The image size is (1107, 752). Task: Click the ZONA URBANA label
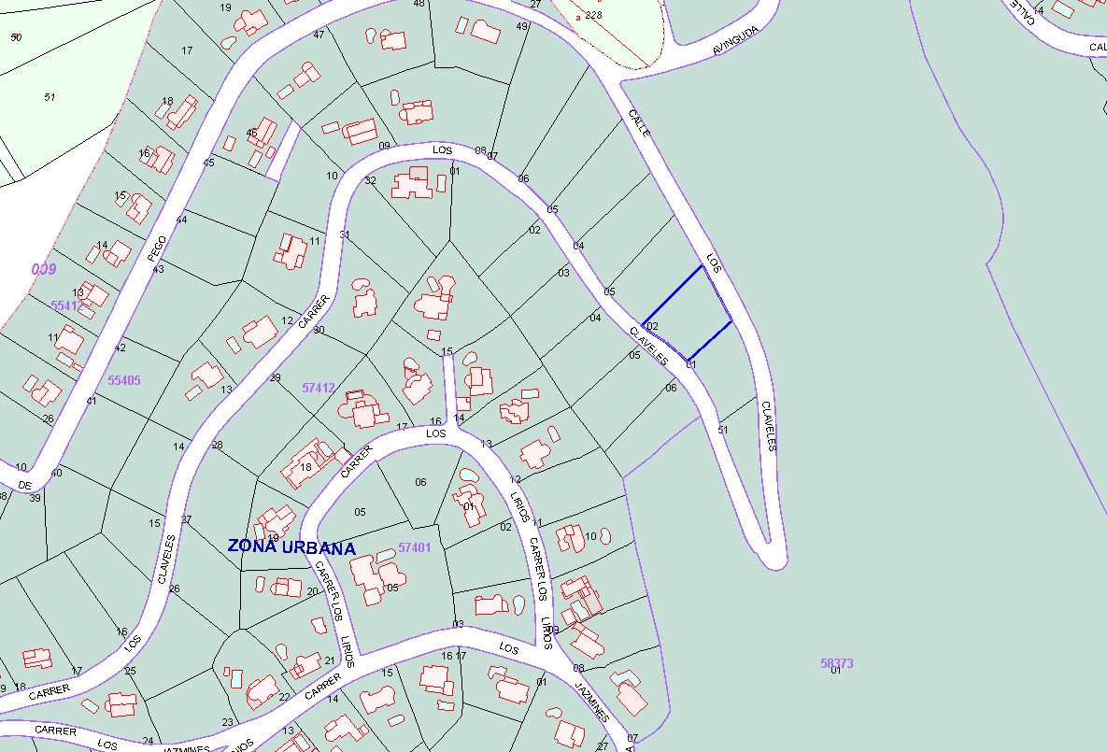(x=291, y=546)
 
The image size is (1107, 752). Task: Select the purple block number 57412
(x=319, y=387)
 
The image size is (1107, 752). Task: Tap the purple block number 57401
(x=414, y=547)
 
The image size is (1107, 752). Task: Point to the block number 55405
(x=124, y=380)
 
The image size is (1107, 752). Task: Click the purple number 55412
(x=67, y=305)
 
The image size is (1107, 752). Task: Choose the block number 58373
(x=837, y=663)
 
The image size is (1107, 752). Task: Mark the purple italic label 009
(x=44, y=269)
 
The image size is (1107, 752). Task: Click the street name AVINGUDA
(x=736, y=42)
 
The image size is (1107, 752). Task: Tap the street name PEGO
(x=158, y=248)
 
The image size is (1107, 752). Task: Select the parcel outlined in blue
(x=687, y=315)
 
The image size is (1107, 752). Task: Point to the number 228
(x=593, y=16)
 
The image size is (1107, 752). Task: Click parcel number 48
(x=419, y=4)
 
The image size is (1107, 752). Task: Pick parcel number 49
(x=521, y=26)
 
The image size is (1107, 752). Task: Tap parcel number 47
(x=319, y=35)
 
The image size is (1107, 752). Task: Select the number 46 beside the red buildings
(x=251, y=133)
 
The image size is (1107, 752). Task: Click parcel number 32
(x=370, y=180)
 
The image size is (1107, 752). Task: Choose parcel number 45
(x=208, y=163)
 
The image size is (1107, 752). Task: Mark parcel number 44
(x=181, y=220)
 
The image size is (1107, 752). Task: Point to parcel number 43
(x=158, y=269)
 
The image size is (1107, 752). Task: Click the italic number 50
(x=16, y=37)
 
